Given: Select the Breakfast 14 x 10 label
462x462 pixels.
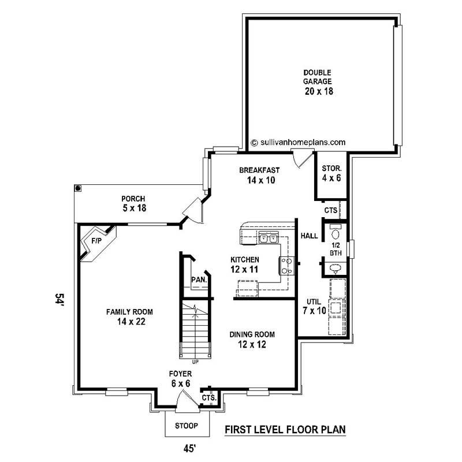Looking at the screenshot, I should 259,175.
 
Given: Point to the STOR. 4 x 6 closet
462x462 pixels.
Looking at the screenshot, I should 331,173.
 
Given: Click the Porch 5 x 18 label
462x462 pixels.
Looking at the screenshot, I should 133,203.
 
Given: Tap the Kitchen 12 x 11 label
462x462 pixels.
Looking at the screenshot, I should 245,264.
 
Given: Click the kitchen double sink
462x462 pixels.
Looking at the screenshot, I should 269,237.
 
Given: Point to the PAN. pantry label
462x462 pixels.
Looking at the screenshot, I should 199,280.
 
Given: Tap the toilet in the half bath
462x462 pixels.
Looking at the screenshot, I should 335,233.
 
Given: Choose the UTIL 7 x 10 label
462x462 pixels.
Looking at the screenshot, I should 314,307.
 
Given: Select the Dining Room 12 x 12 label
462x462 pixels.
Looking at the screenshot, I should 252,339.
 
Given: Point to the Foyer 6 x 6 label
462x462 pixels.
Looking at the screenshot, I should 181,378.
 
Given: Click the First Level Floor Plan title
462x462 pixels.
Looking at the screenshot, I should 284,430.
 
